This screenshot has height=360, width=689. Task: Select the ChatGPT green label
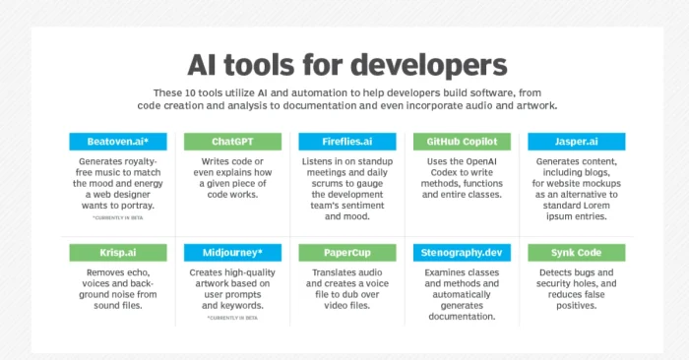click(234, 141)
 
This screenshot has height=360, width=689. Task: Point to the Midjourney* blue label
click(234, 253)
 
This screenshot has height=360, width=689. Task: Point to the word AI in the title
click(206, 65)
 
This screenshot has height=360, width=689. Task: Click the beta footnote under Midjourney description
click(234, 317)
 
